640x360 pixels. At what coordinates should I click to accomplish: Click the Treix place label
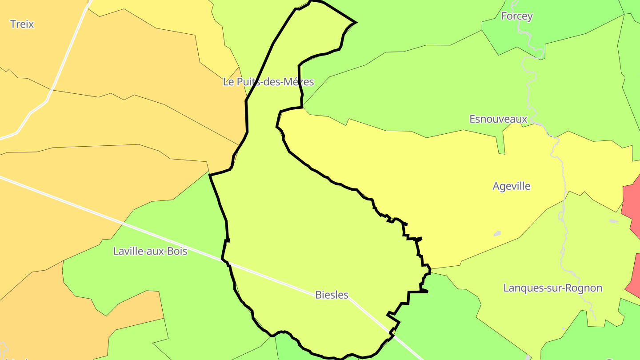22,24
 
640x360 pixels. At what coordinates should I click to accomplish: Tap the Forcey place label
517,16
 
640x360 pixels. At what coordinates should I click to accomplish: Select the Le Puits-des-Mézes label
268,82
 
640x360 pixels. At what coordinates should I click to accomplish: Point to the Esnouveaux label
498,119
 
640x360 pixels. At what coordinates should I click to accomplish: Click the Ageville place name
512,186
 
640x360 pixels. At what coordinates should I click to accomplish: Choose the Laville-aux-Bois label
150,251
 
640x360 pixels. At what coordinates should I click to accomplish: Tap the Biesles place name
332,295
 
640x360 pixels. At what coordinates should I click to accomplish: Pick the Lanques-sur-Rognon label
552,288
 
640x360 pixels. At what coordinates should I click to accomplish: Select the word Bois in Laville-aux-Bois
177,251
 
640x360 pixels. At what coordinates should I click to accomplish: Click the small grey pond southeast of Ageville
497,233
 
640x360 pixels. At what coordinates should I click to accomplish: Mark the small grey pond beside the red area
614,221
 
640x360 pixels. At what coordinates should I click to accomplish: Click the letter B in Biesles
318,295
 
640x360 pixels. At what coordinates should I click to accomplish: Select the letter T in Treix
12,24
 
